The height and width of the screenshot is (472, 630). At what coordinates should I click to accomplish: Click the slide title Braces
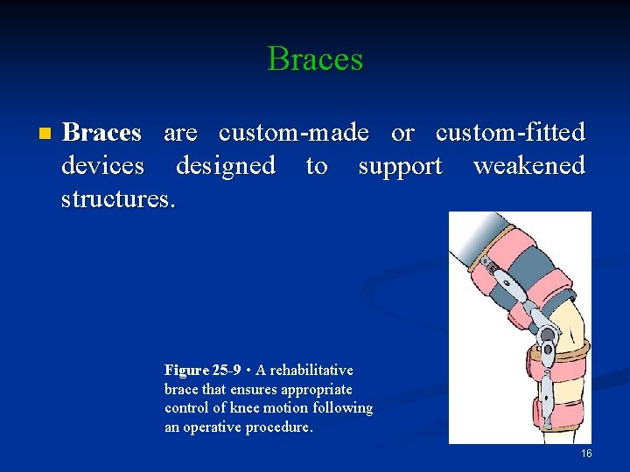tap(315, 59)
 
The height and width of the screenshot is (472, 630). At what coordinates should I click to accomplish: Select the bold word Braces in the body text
tap(101, 133)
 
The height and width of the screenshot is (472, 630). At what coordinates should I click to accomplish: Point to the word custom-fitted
tap(510, 133)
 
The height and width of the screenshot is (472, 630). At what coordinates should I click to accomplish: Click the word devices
tap(102, 165)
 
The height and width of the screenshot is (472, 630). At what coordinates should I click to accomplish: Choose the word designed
tap(225, 165)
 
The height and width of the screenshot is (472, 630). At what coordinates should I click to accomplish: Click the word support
tap(400, 166)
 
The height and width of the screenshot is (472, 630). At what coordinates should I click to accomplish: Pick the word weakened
tap(528, 165)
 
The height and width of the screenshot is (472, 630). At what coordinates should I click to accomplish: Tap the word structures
tap(118, 198)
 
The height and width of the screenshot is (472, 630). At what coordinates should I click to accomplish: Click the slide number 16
tap(586, 454)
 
